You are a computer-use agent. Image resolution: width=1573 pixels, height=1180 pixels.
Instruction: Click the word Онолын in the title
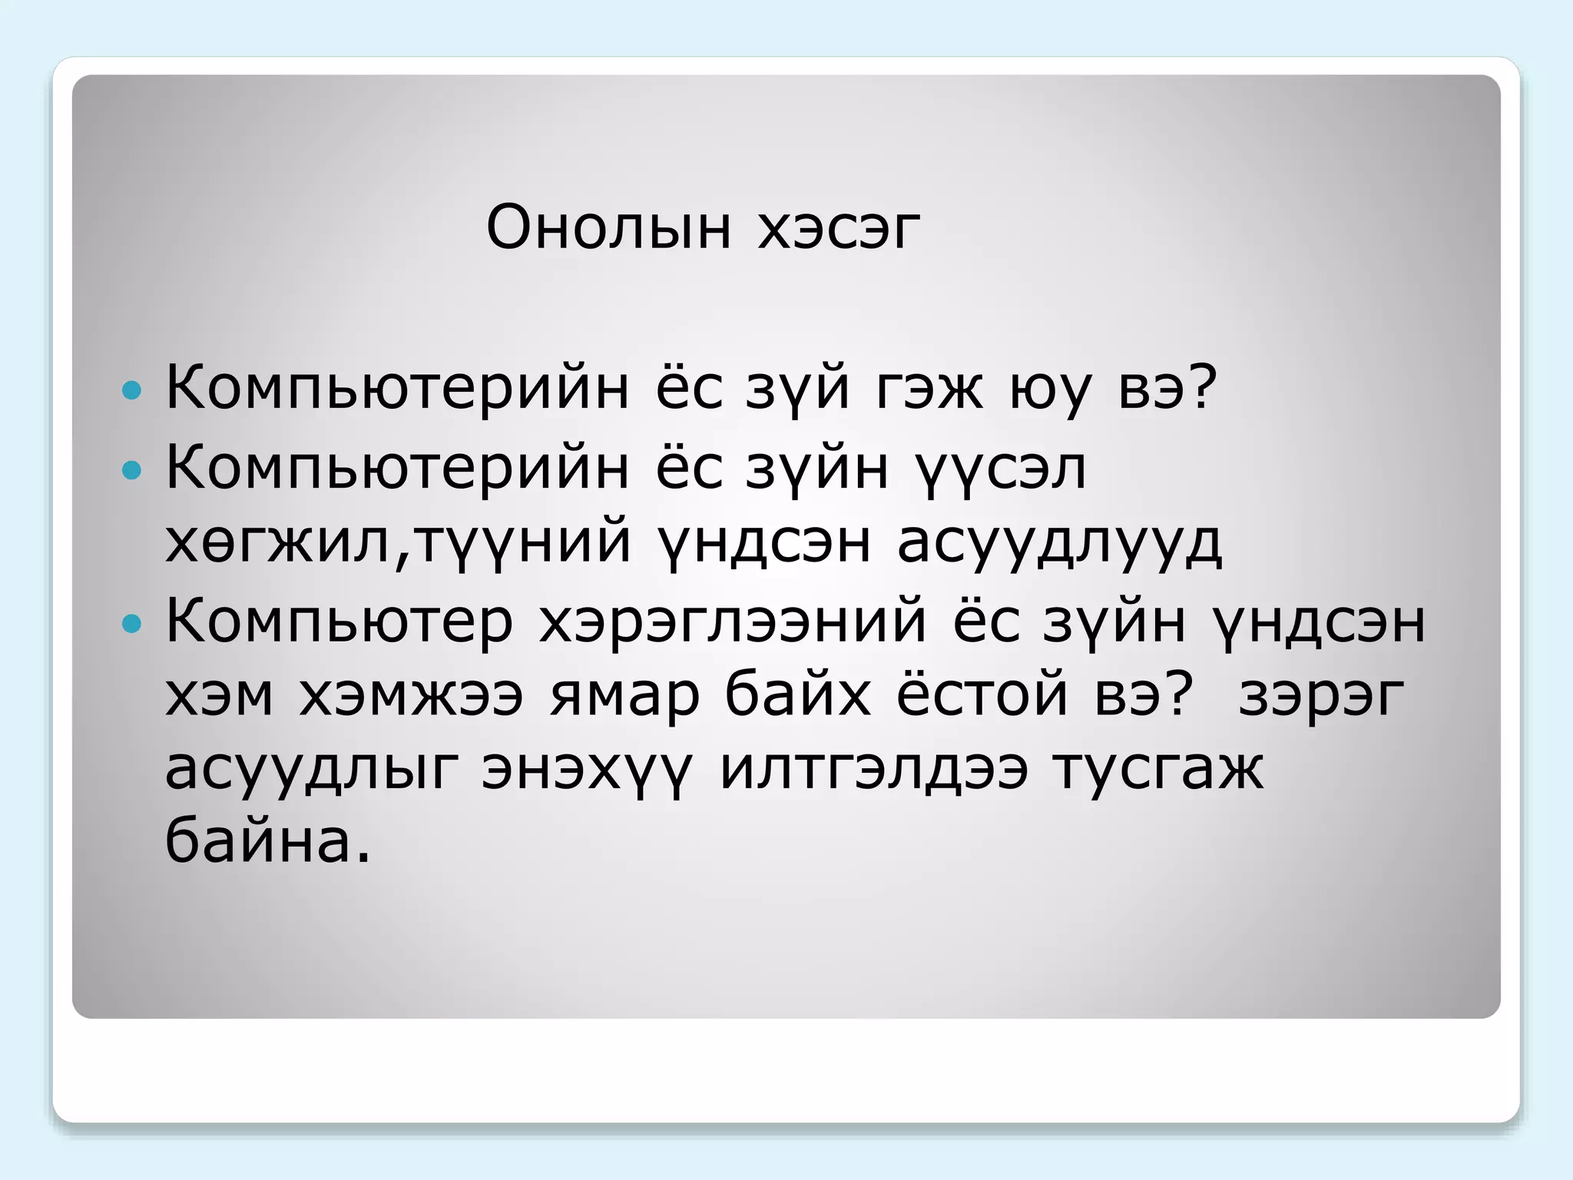tap(608, 228)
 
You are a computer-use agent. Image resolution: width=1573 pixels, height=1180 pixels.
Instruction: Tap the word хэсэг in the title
tap(839, 228)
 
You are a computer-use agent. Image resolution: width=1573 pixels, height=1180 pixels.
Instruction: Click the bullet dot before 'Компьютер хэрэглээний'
tap(132, 623)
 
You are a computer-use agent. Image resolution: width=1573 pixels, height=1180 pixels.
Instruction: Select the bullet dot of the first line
tap(132, 390)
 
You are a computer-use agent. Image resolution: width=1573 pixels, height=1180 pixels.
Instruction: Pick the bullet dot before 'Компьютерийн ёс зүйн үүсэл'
tap(132, 469)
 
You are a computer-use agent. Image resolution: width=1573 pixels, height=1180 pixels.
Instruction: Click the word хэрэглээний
tap(733, 623)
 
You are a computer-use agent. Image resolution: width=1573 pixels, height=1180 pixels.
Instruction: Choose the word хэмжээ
tap(411, 697)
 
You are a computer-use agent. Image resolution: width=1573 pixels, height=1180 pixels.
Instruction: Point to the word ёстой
tap(982, 695)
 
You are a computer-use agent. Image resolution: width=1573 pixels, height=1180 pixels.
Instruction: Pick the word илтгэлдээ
tap(873, 771)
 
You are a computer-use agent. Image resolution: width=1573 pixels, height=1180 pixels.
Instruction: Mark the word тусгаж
tap(1157, 771)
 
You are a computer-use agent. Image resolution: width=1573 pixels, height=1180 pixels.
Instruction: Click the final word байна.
tap(267, 840)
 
